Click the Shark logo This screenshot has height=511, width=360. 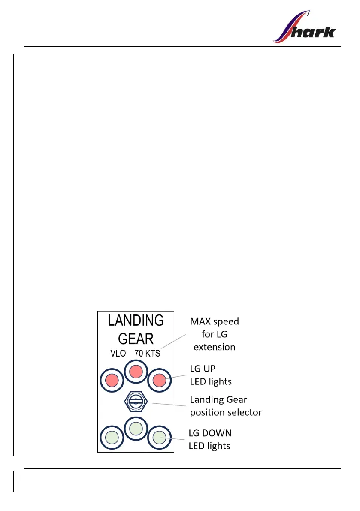point(304,27)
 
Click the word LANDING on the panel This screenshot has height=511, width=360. point(135,321)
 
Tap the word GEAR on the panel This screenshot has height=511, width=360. point(136,339)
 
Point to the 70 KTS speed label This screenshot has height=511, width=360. point(147,354)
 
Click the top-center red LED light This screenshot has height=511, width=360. point(136,371)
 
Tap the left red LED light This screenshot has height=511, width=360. point(112,380)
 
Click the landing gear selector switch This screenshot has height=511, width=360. point(136,402)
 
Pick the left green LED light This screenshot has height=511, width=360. point(112,437)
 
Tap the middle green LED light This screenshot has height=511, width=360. point(136,428)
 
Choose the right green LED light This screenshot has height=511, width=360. point(159,437)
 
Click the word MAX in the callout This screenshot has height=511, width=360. point(202,321)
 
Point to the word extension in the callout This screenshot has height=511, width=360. point(215,346)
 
